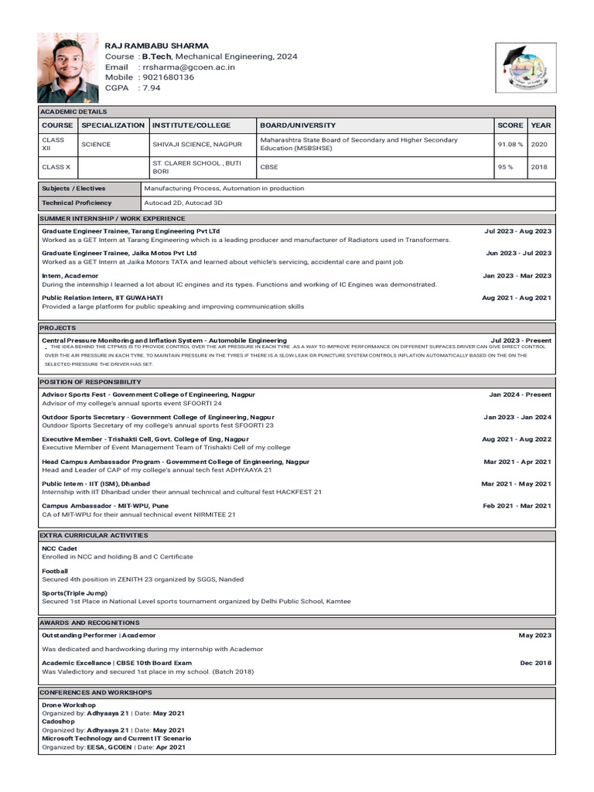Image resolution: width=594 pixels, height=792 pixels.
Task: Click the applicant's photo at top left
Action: (68, 68)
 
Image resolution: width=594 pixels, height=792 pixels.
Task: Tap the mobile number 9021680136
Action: (168, 77)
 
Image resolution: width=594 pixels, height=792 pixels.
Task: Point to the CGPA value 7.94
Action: (152, 88)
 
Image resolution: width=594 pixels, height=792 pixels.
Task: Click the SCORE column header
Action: (510, 125)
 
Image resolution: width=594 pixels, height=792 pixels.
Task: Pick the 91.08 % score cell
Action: (510, 145)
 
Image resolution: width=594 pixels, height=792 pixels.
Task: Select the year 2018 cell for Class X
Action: (540, 167)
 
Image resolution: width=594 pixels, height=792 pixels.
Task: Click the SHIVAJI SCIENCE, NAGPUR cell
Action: (186, 145)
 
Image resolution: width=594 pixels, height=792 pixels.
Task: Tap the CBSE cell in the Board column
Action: (269, 167)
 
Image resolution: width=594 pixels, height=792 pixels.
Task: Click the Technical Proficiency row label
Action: (77, 203)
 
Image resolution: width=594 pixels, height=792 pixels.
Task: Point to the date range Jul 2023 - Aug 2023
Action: (517, 231)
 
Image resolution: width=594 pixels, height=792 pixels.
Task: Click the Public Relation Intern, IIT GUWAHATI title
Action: (102, 298)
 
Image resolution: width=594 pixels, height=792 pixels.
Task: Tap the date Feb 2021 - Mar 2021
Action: (517, 506)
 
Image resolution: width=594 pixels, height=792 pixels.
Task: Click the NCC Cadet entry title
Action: (60, 548)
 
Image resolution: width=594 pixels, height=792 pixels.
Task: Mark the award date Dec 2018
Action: (534, 663)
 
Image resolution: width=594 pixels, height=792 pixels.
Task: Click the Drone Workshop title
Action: (69, 706)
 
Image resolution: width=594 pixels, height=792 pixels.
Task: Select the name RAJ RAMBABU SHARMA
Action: (156, 46)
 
